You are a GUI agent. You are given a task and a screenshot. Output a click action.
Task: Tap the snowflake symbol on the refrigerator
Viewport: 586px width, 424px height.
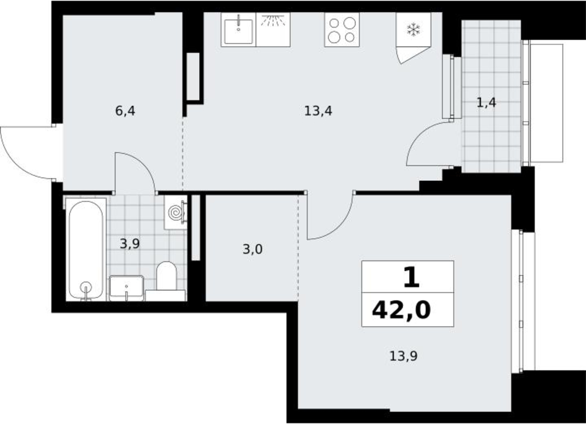coord(413,29)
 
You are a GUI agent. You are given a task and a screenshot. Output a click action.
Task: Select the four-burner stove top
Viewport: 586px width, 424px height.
coord(342,30)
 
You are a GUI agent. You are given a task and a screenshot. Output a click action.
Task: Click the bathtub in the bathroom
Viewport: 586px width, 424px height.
coord(86,250)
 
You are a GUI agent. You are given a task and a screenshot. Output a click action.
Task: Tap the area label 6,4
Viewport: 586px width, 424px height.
coord(125,111)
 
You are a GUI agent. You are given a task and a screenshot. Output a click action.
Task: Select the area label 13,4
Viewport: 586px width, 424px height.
coord(318,111)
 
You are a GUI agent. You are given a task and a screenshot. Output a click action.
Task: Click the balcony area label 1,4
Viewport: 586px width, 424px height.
coord(486,103)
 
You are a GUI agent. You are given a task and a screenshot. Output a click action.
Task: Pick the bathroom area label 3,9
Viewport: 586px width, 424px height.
coord(130,244)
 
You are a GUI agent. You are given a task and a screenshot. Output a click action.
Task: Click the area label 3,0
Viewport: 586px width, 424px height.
coord(252,249)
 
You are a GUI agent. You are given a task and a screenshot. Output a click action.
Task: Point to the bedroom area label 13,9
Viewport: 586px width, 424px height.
coord(403,356)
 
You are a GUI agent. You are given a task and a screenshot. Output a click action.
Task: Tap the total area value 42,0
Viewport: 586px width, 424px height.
coord(401,310)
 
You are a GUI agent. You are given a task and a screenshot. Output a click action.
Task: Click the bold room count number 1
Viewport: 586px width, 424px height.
coord(411,277)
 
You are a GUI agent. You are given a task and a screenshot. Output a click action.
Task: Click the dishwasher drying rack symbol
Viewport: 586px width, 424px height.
coord(273,20)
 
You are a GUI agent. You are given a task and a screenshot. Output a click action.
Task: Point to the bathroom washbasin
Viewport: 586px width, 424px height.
coord(126,288)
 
